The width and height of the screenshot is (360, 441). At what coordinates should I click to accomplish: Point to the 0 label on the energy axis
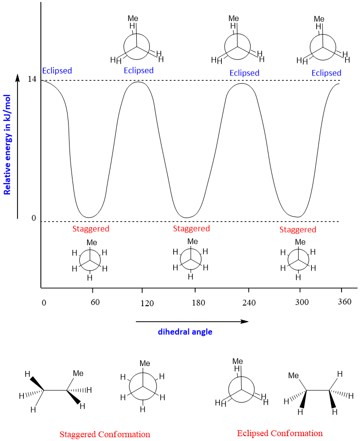tap(34, 218)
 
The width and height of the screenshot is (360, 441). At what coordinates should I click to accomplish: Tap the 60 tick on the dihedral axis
tap(95, 302)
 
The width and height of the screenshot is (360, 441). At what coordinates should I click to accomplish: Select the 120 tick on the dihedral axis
tap(147, 303)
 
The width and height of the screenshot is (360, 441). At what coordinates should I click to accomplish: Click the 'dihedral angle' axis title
tap(185, 332)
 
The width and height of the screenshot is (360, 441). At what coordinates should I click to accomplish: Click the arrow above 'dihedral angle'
tap(192, 321)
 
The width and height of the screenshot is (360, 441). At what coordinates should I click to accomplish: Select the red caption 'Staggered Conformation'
tap(105, 434)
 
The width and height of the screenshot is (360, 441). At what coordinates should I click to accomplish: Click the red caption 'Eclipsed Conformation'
tap(280, 433)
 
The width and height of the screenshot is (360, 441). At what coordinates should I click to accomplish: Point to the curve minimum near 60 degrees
tap(89, 217)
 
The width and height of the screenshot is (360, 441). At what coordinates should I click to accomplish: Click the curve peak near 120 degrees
tap(139, 81)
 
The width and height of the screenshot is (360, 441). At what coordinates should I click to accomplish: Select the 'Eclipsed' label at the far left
tap(57, 71)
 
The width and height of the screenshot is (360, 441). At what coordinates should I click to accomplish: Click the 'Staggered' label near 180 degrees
tap(191, 228)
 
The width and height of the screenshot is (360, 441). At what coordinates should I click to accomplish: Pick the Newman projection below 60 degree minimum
tap(90, 259)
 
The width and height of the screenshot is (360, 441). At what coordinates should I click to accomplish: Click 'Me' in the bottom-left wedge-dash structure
tap(78, 373)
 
